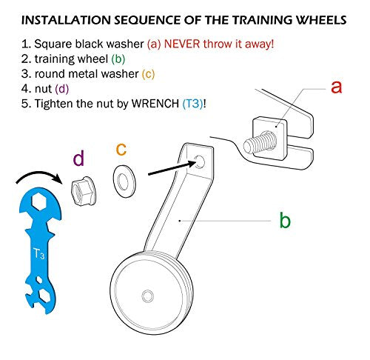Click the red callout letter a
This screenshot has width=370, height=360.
[337, 87]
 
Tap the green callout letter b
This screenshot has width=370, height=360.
[285, 219]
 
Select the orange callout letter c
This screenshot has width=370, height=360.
[121, 149]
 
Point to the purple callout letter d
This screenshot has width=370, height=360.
[78, 158]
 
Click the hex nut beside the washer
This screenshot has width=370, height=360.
[84, 191]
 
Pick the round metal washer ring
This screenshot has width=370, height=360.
[124, 181]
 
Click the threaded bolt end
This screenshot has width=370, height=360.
[260, 143]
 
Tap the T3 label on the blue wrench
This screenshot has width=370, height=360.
[39, 253]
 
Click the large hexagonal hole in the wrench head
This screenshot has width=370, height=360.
[39, 201]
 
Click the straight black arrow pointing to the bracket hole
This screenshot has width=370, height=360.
[172, 168]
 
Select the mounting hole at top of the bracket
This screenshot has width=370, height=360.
[199, 162]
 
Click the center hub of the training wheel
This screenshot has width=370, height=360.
[147, 296]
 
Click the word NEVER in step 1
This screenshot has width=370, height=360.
[182, 44]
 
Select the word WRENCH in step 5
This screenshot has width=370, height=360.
[155, 104]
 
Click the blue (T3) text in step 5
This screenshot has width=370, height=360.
[192, 104]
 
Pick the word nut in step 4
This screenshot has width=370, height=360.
[43, 89]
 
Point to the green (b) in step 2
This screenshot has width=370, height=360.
[118, 59]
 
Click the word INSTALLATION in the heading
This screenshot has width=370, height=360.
[66, 20]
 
